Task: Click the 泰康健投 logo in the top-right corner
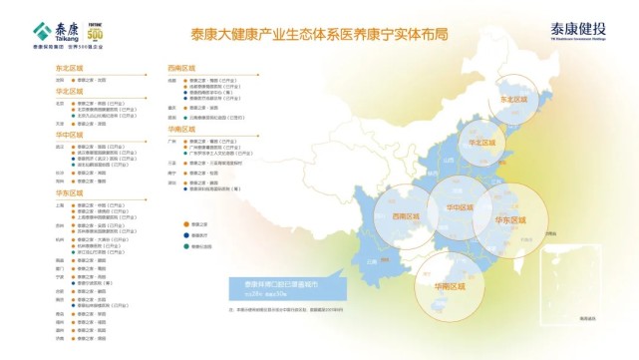pos(584,30)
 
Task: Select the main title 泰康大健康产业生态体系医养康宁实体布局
pos(318,33)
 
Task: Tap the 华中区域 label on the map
pos(464,207)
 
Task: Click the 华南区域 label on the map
pos(450,288)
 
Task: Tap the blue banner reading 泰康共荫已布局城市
pos(289,287)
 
